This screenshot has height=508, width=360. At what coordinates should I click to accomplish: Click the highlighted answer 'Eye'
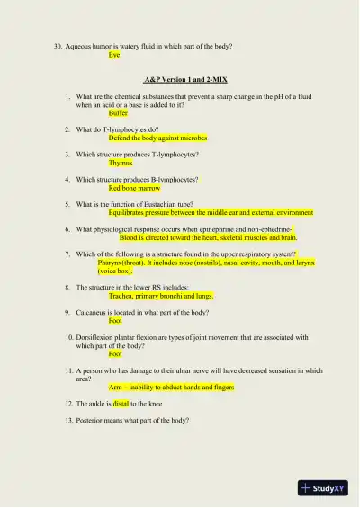(114, 55)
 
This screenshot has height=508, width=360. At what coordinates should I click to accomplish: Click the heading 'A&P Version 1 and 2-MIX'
(180, 80)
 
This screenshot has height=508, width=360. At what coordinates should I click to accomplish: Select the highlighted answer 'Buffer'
(118, 113)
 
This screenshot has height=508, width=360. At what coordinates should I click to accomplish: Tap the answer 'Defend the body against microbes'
(157, 138)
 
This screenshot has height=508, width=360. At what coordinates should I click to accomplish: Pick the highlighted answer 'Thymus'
(121, 164)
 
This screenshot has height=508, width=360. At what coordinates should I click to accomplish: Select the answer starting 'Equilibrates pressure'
(211, 213)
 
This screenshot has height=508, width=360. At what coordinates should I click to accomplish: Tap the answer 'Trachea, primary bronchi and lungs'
(161, 296)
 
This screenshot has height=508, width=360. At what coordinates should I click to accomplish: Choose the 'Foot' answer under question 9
(115, 321)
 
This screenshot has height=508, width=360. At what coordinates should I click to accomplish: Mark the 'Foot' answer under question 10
(115, 354)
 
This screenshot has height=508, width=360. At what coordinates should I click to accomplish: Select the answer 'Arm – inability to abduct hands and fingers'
(171, 388)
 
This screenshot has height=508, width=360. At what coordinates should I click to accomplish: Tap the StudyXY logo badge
(323, 488)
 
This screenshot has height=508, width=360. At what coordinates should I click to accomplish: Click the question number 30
(58, 46)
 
